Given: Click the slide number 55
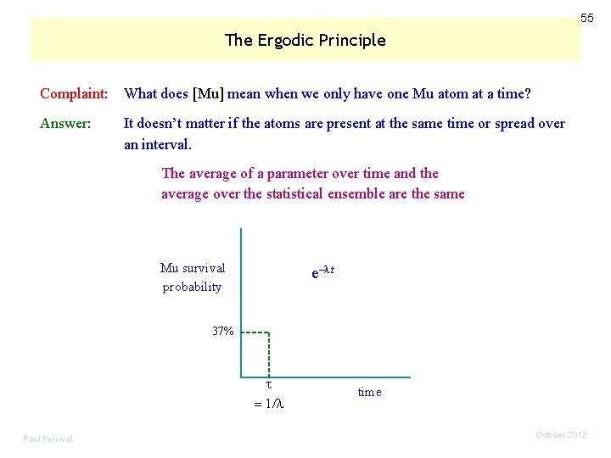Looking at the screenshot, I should click(586, 18).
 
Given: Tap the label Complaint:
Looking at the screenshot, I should click(74, 92).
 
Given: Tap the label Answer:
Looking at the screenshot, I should click(65, 123).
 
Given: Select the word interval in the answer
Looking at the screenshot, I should click(168, 144).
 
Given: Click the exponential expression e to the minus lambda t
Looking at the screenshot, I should click(323, 273).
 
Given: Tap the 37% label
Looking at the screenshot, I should click(223, 331).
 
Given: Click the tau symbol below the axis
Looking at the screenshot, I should click(268, 385).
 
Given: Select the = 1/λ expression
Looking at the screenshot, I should click(268, 405).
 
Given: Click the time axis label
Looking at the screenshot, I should click(370, 392).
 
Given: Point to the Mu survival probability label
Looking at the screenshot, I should click(193, 277).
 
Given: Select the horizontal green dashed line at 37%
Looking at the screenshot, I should click(255, 332).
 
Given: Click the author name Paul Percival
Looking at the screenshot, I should click(48, 438).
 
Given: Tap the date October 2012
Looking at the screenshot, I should click(561, 435).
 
